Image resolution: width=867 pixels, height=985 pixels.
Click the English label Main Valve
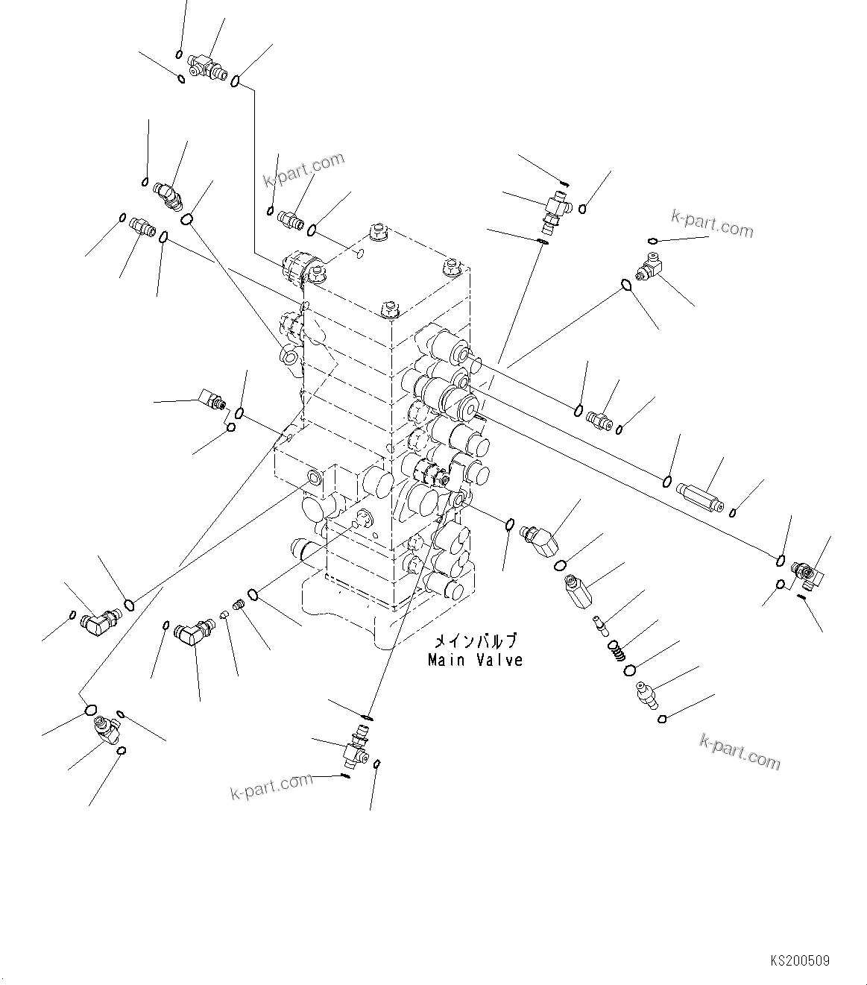475,660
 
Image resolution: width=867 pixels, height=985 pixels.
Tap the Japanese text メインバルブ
475,641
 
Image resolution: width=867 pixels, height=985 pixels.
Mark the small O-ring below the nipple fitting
662,719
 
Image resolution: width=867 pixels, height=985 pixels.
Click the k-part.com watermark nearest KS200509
740,751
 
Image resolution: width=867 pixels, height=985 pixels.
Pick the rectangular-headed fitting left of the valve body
212,397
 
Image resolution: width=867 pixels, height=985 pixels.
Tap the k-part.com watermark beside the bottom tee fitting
271,786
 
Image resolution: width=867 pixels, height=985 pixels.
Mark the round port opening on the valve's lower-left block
314,476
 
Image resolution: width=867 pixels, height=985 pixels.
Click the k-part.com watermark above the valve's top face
304,171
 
